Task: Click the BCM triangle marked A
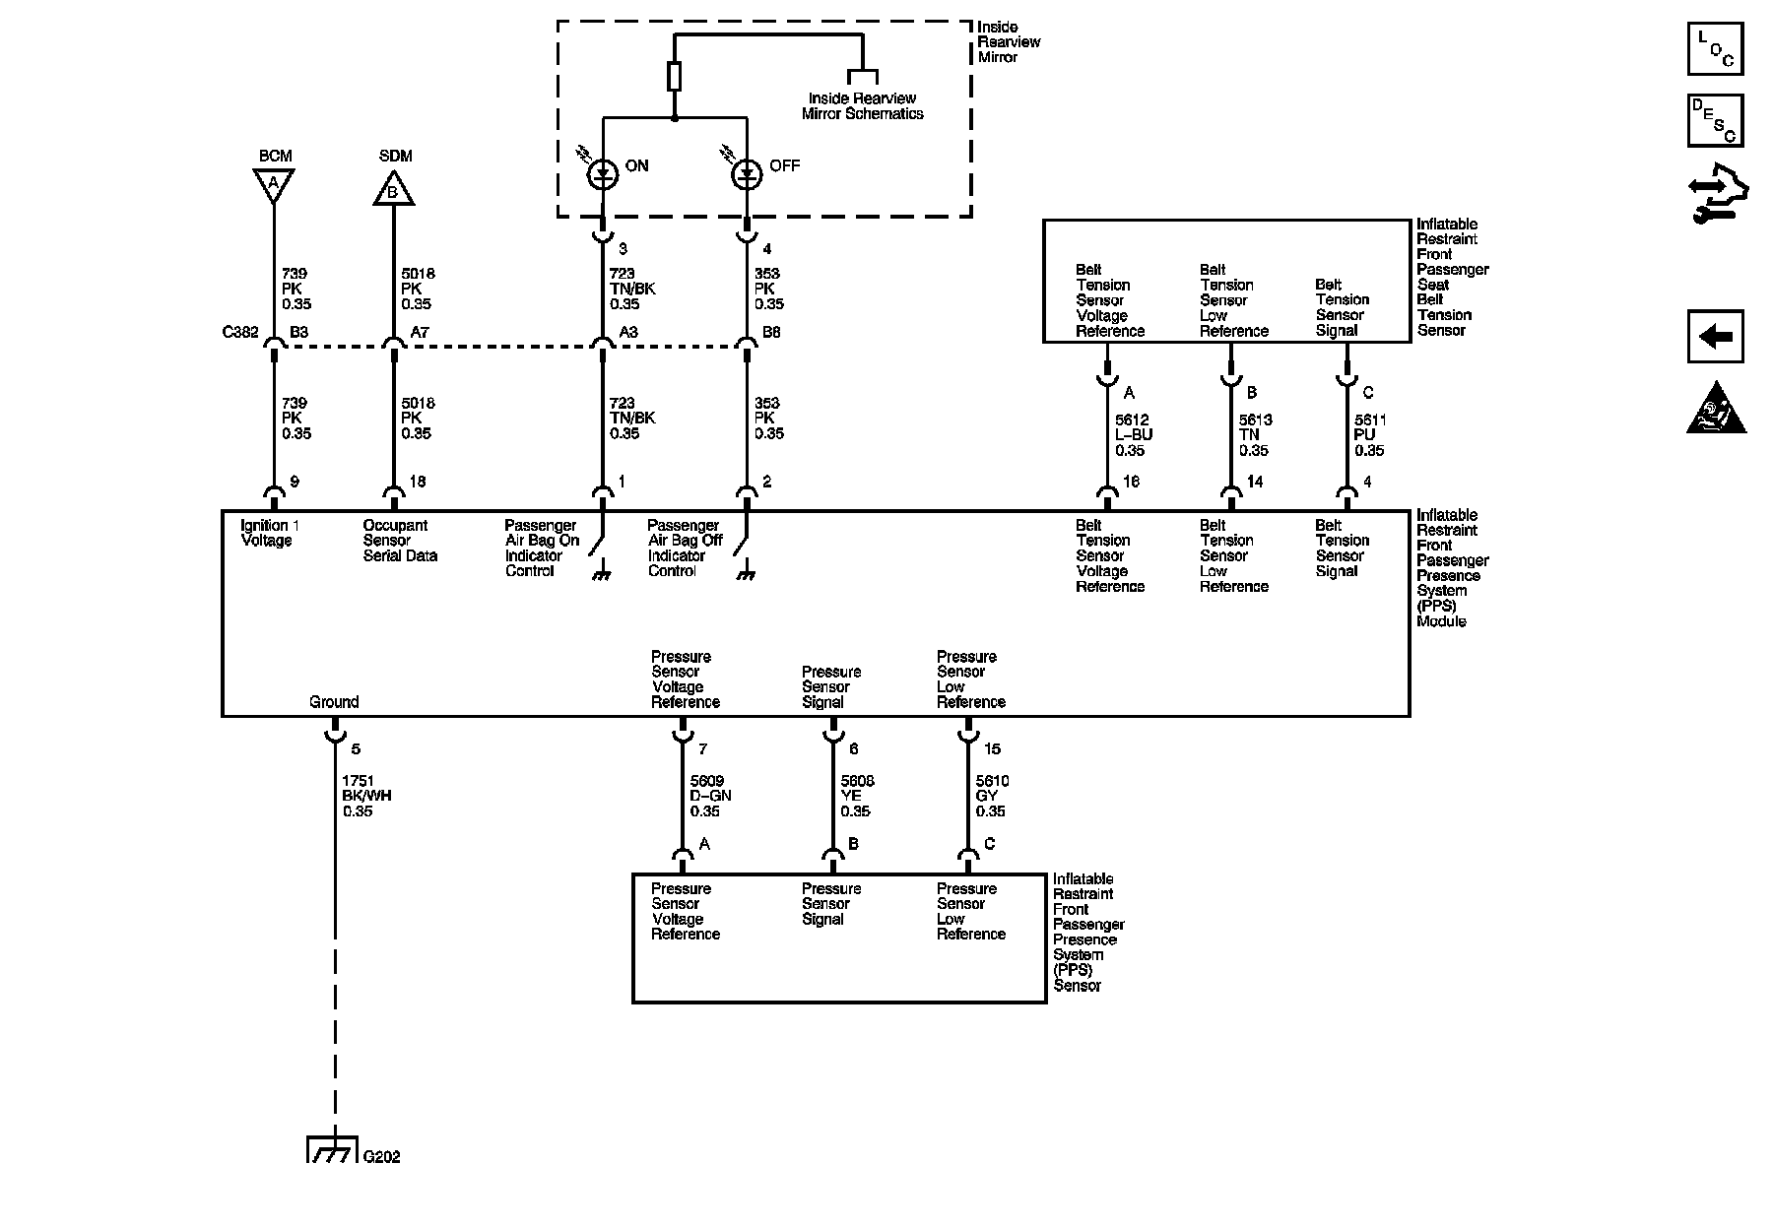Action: (x=274, y=184)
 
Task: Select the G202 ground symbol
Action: (x=333, y=1150)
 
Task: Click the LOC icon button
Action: (x=1715, y=49)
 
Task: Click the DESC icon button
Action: (x=1715, y=120)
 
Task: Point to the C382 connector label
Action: (x=240, y=333)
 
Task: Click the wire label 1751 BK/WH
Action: (x=366, y=796)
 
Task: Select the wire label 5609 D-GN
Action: (x=710, y=796)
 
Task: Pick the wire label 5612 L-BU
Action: (x=1133, y=435)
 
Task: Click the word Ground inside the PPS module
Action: (x=334, y=702)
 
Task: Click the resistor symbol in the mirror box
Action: (x=674, y=76)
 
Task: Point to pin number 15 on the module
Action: (x=992, y=749)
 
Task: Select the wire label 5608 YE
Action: (x=856, y=796)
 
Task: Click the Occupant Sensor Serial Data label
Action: (x=400, y=541)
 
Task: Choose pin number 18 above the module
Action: (x=418, y=482)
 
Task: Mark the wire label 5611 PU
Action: (x=1369, y=435)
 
